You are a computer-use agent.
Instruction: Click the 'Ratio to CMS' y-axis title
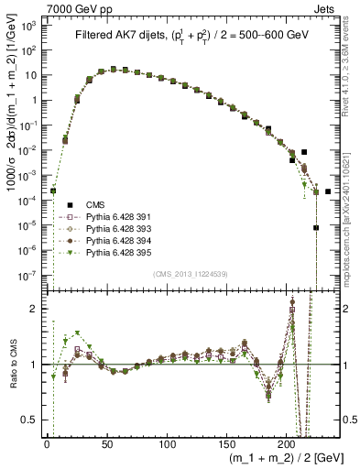12,366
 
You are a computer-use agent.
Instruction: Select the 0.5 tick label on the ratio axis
31,420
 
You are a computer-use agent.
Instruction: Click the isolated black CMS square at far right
328,191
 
